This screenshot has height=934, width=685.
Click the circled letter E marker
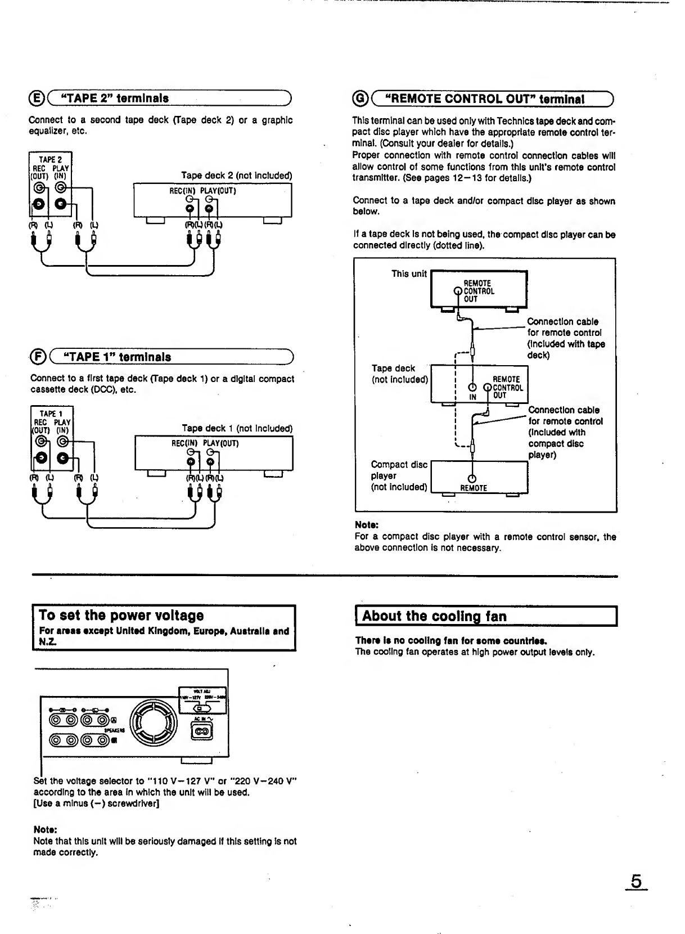(x=37, y=98)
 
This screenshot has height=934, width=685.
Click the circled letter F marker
(x=38, y=357)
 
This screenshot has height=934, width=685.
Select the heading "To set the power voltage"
(x=121, y=615)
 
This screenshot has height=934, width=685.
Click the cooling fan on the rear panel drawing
(x=153, y=722)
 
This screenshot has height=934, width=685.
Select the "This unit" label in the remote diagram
(x=409, y=274)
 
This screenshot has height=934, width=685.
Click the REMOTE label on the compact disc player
(x=474, y=488)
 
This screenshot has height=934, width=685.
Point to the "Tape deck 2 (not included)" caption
(x=236, y=176)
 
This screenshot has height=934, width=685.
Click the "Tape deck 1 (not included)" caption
(x=237, y=428)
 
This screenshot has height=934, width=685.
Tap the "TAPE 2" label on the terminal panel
(x=50, y=159)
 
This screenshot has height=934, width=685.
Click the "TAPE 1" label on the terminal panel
(x=51, y=414)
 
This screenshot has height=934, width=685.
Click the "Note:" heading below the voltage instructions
(x=46, y=829)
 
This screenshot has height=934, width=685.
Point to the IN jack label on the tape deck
(x=473, y=396)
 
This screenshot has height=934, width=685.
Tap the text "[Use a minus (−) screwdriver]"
(x=96, y=803)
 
